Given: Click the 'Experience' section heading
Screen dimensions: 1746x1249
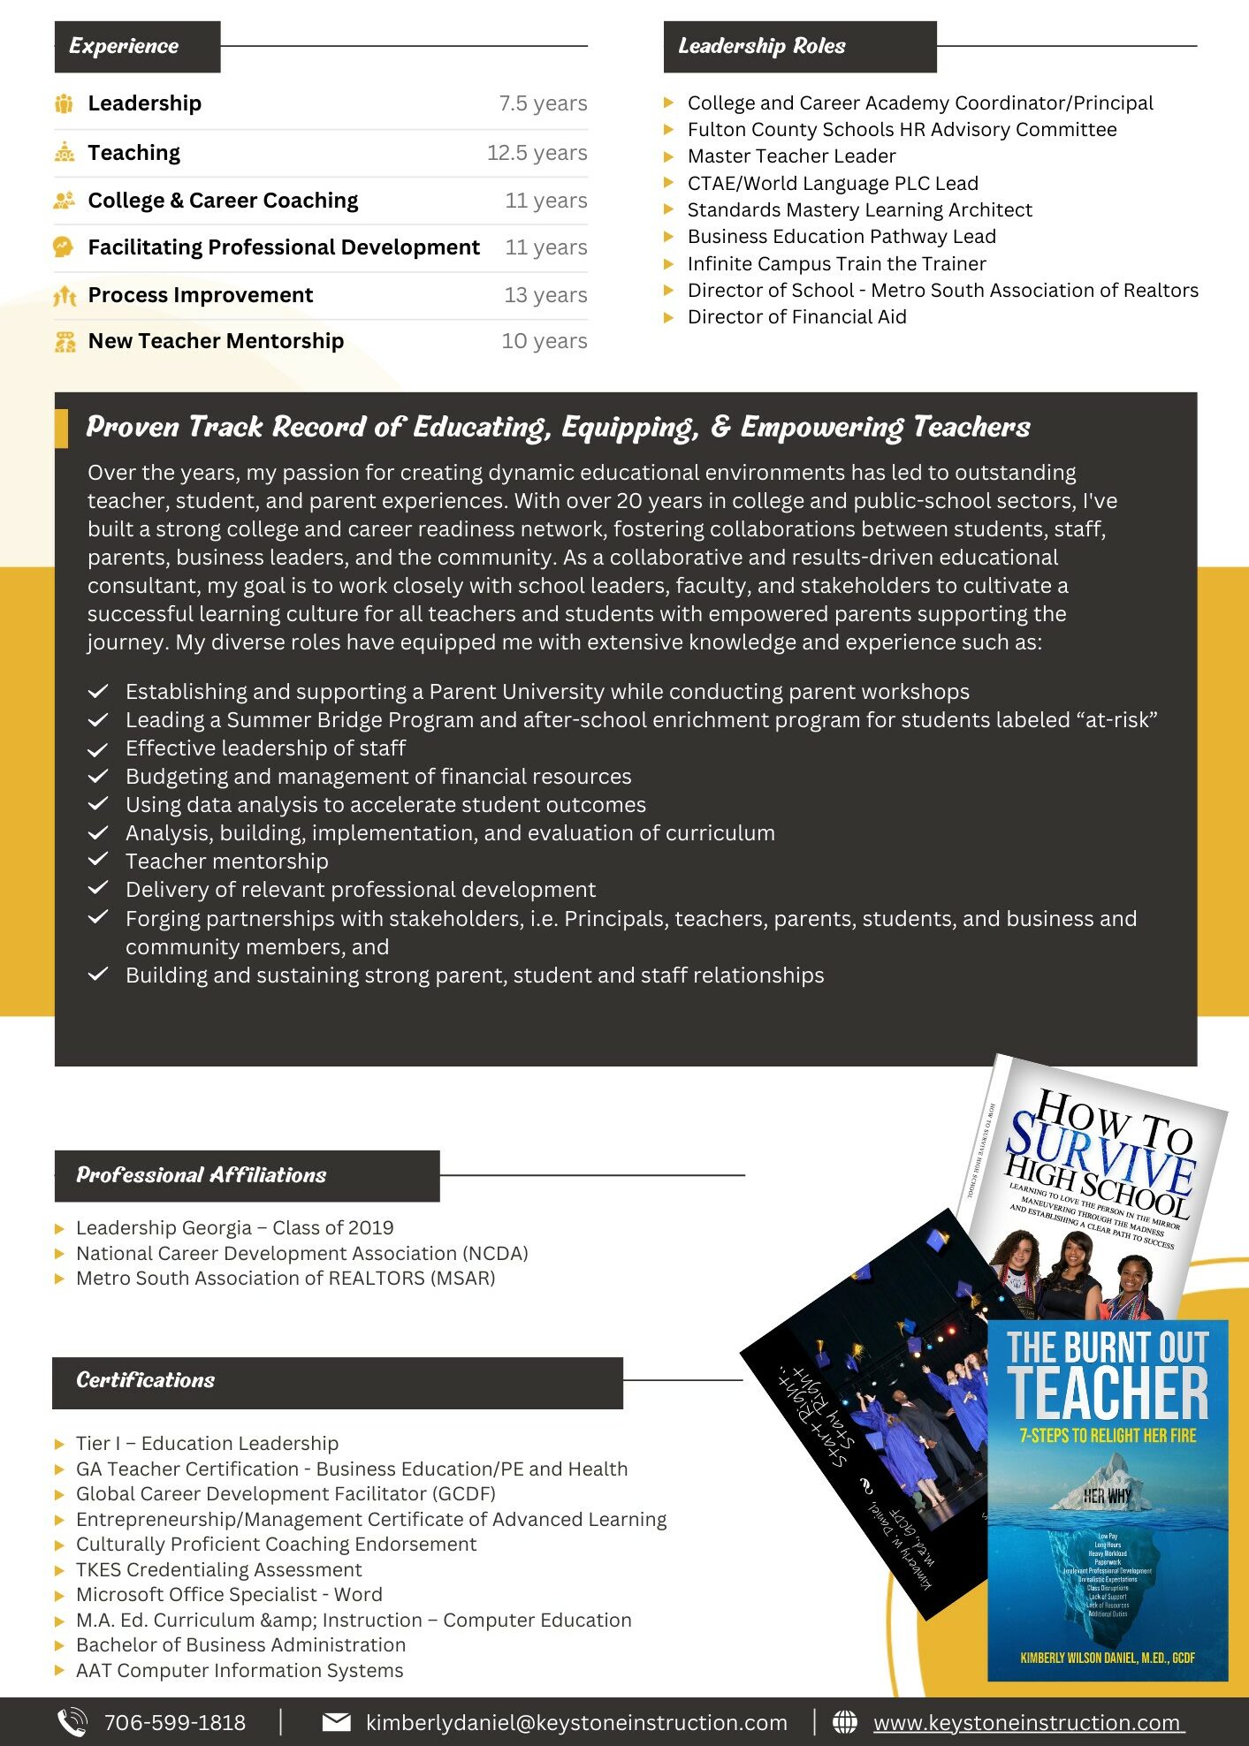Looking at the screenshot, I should (x=124, y=46).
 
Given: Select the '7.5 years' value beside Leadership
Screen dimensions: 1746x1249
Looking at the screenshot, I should (x=543, y=103).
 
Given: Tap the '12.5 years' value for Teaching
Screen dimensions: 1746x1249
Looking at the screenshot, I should (x=537, y=153).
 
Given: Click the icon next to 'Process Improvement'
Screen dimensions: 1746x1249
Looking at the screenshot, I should (x=65, y=295).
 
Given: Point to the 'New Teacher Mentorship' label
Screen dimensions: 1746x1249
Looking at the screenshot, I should (x=216, y=341).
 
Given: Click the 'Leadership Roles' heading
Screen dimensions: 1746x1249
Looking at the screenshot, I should (x=761, y=46).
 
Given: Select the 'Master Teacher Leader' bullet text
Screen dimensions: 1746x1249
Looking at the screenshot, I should (x=791, y=156).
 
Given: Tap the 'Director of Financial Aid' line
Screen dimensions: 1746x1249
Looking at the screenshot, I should (x=796, y=317).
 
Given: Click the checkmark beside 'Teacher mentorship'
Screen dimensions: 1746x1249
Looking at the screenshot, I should (x=98, y=860).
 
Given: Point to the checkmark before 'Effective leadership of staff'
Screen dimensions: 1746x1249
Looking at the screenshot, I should (x=98, y=749).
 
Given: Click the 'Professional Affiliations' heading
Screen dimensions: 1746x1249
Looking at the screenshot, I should (x=202, y=1175).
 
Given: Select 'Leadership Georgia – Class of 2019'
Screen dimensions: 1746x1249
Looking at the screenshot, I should (x=234, y=1227).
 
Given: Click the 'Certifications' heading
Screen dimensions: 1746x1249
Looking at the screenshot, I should (x=146, y=1380).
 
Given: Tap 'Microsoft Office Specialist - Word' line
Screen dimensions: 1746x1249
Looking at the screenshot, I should (x=229, y=1594).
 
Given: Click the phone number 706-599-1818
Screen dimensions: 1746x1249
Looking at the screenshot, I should (x=175, y=1722).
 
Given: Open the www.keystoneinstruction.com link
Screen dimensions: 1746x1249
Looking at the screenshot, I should (x=1027, y=1722).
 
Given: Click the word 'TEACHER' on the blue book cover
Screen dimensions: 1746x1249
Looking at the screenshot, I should (x=1107, y=1395).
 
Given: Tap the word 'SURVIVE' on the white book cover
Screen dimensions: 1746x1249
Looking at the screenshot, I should (x=1100, y=1152).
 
